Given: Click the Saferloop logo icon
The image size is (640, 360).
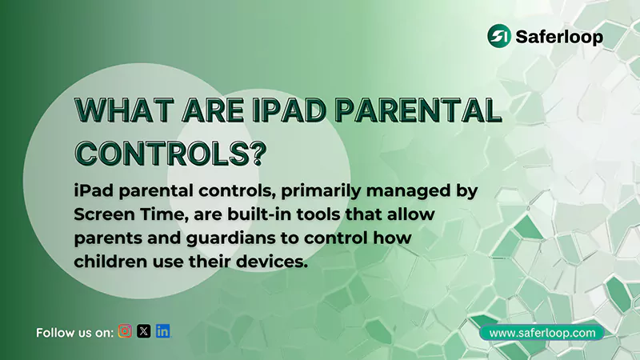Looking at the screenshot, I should [500, 36].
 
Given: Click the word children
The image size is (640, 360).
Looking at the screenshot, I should [107, 262].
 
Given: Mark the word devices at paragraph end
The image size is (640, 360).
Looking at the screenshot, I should [275, 262].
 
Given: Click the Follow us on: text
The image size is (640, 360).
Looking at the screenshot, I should [74, 332].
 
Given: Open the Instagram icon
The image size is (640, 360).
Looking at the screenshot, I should [125, 331].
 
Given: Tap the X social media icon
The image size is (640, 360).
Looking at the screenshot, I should [144, 331].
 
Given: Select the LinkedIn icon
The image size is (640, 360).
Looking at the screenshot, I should [163, 331].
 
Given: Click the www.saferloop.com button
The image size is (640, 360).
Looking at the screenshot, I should [542, 332].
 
